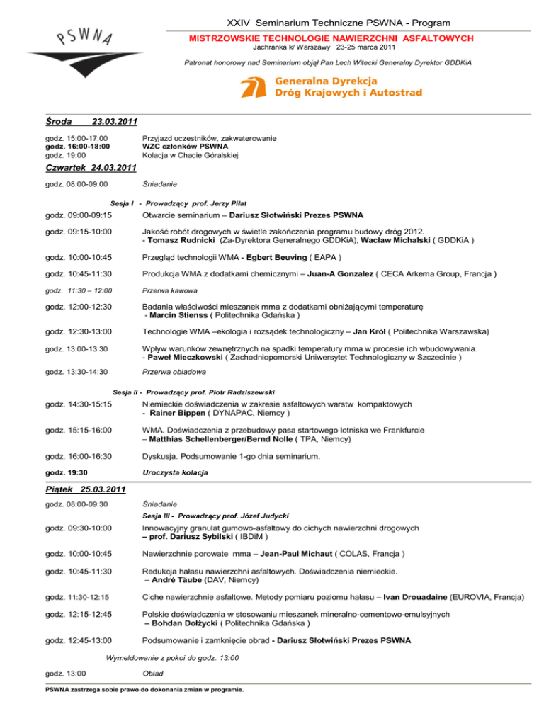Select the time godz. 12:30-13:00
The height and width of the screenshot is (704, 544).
pos(79,351)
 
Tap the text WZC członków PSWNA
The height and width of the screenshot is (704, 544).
pos(179,146)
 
